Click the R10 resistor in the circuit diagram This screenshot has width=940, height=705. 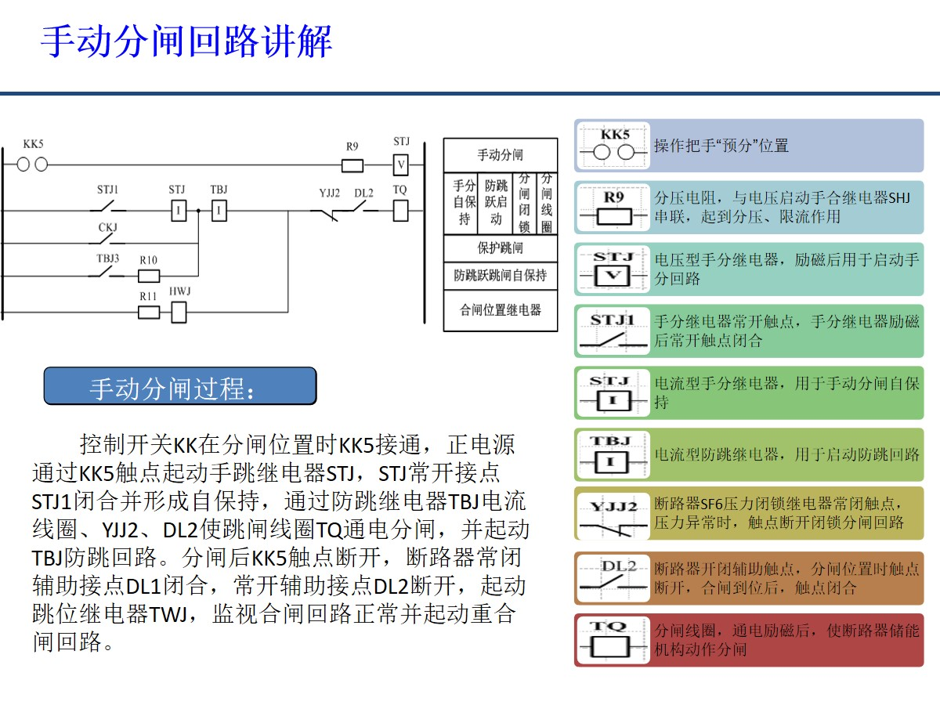(x=149, y=276)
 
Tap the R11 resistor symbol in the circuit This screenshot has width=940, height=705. (x=149, y=313)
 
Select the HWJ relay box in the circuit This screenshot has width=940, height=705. (x=179, y=313)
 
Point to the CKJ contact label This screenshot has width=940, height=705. (x=107, y=227)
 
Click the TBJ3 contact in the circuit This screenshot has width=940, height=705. (x=108, y=273)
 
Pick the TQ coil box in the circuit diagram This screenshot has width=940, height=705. (x=399, y=210)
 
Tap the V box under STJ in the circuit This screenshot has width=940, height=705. (x=401, y=165)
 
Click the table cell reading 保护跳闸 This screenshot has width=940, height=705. (x=501, y=248)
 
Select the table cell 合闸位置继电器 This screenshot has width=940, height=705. (x=501, y=310)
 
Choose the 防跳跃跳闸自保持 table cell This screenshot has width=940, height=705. (x=501, y=276)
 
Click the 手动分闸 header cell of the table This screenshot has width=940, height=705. (x=501, y=155)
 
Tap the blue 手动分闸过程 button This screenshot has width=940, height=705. (x=180, y=386)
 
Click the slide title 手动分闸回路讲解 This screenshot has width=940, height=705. (x=186, y=42)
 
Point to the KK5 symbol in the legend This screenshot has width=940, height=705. (x=613, y=146)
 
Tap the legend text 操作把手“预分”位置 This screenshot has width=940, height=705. (x=721, y=146)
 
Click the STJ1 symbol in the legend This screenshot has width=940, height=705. (x=613, y=331)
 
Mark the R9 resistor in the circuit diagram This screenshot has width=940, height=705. (x=352, y=165)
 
